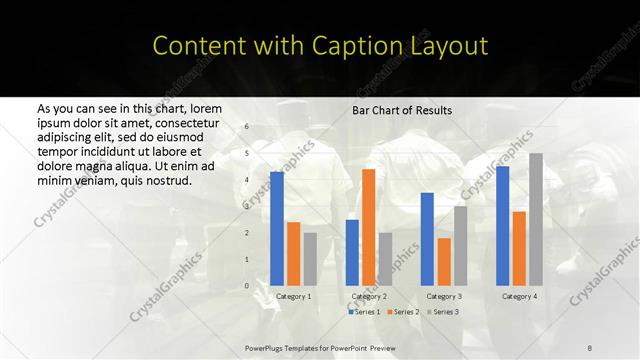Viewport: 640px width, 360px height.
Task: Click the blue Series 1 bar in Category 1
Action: pyautogui.click(x=277, y=229)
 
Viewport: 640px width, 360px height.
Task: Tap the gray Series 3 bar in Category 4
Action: pyautogui.click(x=536, y=219)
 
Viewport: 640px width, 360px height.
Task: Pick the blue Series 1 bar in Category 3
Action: pyautogui.click(x=427, y=239)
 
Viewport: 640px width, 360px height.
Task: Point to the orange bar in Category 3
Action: pyautogui.click(x=444, y=262)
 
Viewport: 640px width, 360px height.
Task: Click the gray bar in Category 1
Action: pyautogui.click(x=310, y=259)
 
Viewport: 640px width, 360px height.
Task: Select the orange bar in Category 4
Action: pyautogui.click(x=519, y=248)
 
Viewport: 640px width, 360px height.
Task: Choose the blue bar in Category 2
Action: pyautogui.click(x=352, y=252)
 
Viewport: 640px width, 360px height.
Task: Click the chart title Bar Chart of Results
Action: pyautogui.click(x=402, y=110)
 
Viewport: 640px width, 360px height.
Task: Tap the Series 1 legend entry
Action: pyautogui.click(x=365, y=312)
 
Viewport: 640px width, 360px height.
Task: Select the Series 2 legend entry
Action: pyautogui.click(x=403, y=312)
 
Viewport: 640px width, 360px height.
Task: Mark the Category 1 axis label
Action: pyautogui.click(x=293, y=296)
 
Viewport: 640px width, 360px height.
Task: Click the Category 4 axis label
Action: pyautogui.click(x=519, y=296)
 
